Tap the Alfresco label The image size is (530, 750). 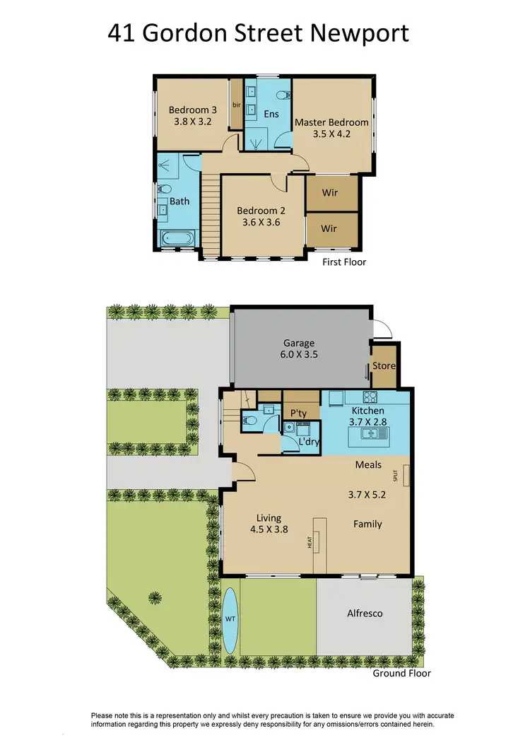click(365, 614)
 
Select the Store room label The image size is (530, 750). click(384, 365)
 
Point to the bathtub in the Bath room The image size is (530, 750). click(177, 239)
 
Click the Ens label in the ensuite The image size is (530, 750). click(271, 114)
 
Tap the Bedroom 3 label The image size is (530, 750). click(193, 110)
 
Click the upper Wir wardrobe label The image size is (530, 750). click(329, 192)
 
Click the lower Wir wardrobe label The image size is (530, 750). click(329, 228)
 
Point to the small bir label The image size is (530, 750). click(237, 105)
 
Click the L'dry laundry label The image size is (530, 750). click(309, 441)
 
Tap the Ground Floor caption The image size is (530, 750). click(401, 673)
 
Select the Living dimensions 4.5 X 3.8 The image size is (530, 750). click(264, 529)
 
